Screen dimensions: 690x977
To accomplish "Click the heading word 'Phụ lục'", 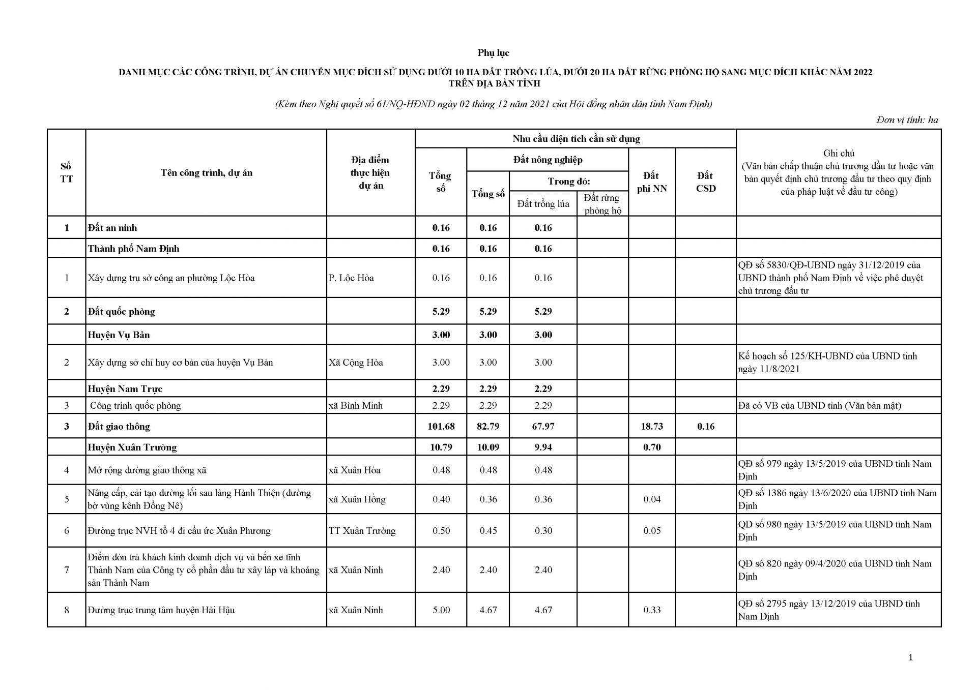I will point(493,53).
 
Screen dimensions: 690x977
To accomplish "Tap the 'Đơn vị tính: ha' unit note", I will point(907,120).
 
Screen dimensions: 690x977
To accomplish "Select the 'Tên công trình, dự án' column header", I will point(206,173).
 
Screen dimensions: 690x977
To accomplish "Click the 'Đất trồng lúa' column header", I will point(543,204).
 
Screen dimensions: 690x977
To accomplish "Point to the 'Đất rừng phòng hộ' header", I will point(602,204).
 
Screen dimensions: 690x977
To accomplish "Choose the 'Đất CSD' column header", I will point(705,182).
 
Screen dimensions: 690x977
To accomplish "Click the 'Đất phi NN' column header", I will point(651,182).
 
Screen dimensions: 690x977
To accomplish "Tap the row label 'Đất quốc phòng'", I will point(121,312).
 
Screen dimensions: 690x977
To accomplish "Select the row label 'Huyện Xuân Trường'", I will point(132,447).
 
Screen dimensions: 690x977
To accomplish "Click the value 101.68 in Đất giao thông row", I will point(441,427).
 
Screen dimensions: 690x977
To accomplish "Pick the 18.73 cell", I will point(651,427).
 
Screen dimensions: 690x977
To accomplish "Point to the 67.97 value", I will point(543,427).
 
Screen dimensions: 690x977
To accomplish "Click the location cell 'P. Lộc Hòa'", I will point(351,278).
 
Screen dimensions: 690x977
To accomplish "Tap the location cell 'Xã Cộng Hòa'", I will point(356,363).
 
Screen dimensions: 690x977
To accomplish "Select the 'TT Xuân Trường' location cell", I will point(362,531).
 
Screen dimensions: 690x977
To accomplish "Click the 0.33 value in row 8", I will point(651,610).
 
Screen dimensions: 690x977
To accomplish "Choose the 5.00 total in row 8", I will point(441,610).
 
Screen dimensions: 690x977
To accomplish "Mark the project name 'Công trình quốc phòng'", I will point(135,406).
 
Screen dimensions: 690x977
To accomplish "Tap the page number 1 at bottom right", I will point(910,657).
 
